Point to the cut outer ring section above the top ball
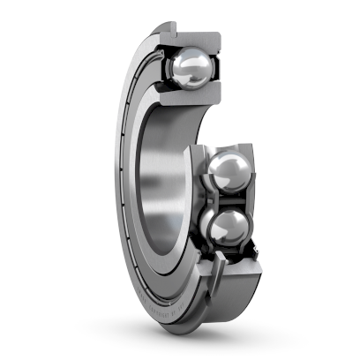tap(190, 36)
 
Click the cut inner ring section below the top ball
tap(181, 99)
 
